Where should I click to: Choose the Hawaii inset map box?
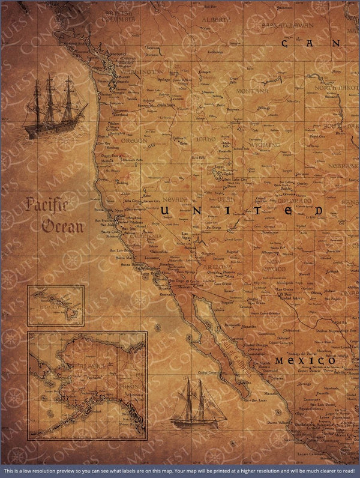point(55,306)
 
